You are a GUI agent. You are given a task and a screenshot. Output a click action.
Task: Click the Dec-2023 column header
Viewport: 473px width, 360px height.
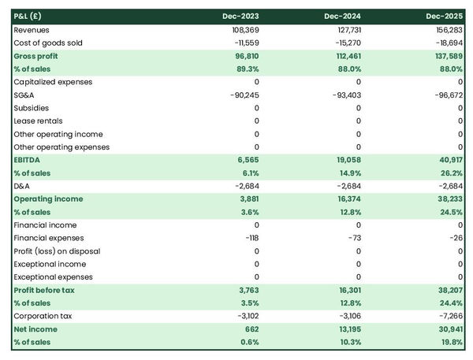click(241, 16)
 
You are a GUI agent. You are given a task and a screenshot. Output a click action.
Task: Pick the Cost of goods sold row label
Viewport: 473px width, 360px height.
click(47, 43)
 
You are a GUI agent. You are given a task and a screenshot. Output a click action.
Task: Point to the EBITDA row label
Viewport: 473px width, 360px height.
click(29, 160)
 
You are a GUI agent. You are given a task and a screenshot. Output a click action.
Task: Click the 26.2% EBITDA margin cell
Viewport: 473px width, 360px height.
click(450, 173)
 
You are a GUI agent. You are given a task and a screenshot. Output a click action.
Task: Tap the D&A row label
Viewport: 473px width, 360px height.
click(23, 186)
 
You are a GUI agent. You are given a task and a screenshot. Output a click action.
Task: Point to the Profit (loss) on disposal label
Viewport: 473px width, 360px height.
click(57, 251)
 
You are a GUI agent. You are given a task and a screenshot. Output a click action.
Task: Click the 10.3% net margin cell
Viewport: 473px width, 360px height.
click(348, 342)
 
